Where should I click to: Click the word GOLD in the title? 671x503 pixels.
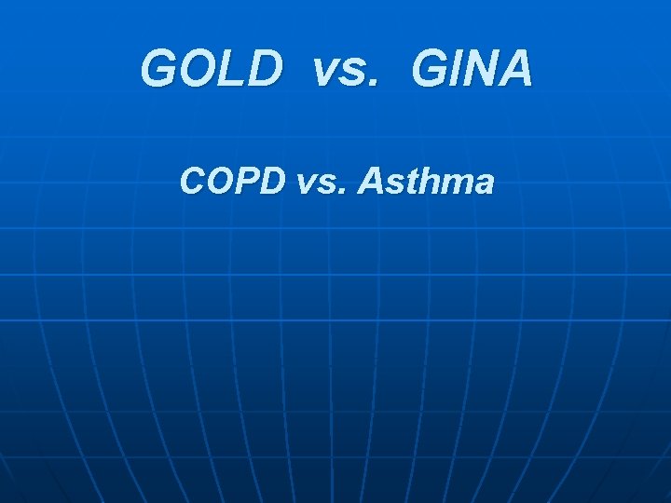[x=212, y=69]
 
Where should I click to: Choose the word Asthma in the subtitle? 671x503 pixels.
[x=426, y=182]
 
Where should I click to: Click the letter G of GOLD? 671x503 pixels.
[x=159, y=69]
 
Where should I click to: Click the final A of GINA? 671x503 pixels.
[x=514, y=69]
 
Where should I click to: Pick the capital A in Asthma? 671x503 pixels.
[x=370, y=182]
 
